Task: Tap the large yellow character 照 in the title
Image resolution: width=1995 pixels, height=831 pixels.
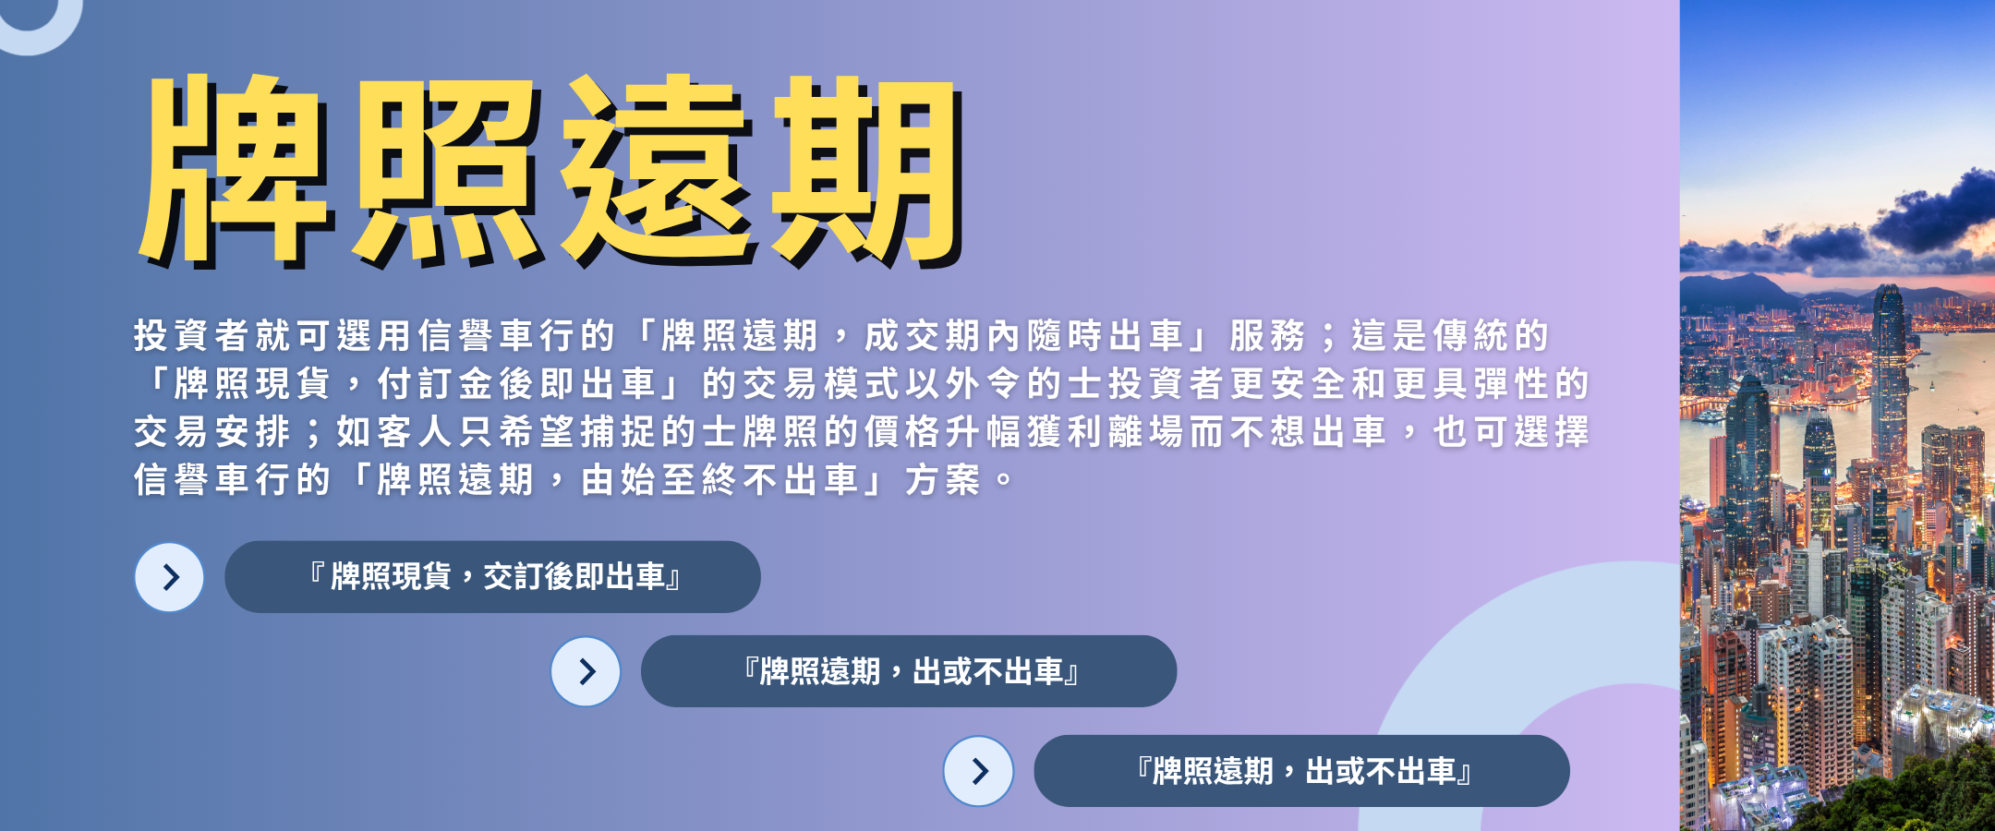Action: coord(446,170)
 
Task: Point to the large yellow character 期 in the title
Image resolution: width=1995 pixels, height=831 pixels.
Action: coord(868,170)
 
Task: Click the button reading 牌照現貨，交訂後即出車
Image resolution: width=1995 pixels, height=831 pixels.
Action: coord(492,577)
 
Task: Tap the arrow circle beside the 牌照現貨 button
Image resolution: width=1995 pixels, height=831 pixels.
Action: coord(170,577)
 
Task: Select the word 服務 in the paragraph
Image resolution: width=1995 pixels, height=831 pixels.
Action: coord(1268,336)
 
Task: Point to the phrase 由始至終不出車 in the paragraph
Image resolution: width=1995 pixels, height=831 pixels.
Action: coord(719,480)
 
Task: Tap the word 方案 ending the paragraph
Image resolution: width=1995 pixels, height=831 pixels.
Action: coord(943,480)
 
